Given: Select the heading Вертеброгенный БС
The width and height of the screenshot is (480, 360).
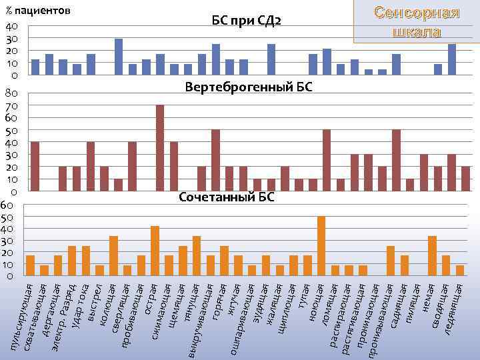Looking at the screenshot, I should [249, 87].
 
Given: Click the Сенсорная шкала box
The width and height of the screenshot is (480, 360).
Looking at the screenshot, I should [417, 22].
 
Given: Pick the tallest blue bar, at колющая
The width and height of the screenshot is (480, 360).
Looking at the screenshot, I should [119, 57].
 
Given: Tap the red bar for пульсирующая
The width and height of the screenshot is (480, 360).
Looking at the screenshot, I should [35, 167].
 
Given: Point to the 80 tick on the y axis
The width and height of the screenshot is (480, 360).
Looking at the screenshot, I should [10, 93].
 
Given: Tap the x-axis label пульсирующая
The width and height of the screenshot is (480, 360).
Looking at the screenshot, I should [25, 313].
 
